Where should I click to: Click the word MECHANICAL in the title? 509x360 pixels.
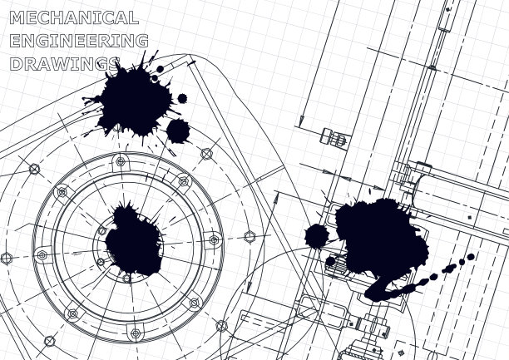[74, 17]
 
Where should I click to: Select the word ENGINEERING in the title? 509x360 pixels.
[79, 41]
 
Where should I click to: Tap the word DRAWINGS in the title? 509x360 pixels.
[65, 64]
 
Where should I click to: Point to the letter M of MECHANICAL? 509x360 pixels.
[17, 17]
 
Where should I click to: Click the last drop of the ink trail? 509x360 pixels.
[471, 257]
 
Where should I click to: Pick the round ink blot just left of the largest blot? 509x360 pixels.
[317, 236]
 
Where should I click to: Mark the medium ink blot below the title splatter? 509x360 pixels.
[178, 131]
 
